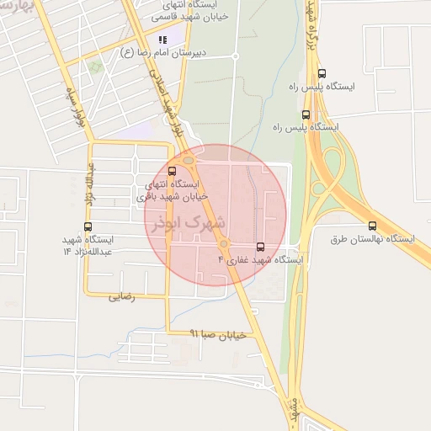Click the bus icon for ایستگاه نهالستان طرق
[x=372, y=226]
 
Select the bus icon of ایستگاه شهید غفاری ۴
[x=260, y=247]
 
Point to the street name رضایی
[x=122, y=296]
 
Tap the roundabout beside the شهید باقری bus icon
[x=189, y=161]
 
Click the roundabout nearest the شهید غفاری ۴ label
[x=224, y=244]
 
